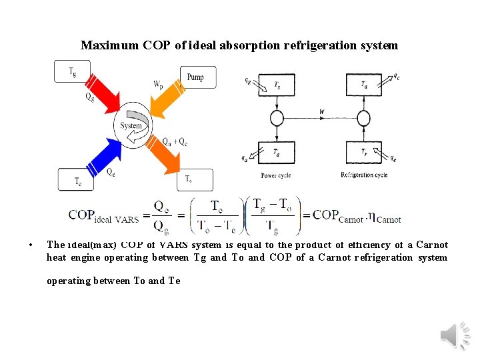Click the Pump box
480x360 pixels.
point(195,77)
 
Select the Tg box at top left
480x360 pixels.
point(72,71)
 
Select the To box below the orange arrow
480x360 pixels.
point(194,179)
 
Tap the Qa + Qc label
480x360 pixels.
point(175,141)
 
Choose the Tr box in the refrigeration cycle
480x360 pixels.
point(363,153)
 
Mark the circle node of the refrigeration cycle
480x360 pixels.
point(363,119)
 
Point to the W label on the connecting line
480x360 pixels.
point(322,112)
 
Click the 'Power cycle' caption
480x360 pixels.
point(276,175)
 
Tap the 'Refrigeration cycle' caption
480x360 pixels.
point(364,175)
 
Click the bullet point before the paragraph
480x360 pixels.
point(32,245)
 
